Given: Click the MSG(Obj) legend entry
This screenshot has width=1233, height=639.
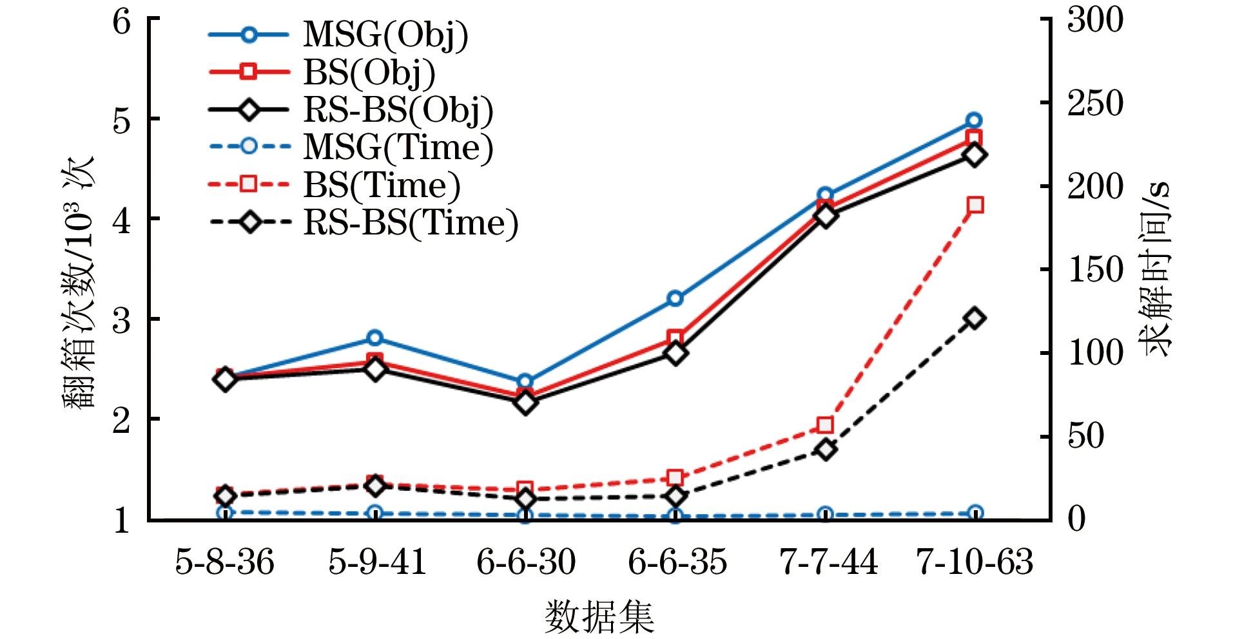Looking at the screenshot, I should (x=385, y=35).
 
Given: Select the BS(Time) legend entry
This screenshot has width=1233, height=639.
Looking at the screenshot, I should (x=382, y=186).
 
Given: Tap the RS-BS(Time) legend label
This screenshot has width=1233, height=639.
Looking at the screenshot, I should (x=411, y=223).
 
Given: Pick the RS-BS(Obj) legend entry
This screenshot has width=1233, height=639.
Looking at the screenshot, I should (x=398, y=110).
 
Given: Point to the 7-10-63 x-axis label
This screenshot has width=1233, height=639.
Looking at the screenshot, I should (x=974, y=562).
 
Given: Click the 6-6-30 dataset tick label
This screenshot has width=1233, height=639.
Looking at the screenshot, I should (x=525, y=562).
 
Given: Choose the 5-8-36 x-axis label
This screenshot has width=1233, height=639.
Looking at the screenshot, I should (x=224, y=562).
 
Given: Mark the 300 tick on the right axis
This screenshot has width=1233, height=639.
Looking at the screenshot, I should (x=1095, y=19).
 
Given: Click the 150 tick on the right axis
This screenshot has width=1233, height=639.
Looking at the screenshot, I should (x=1095, y=269).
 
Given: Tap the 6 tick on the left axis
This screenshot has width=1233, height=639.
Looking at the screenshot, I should (x=121, y=22).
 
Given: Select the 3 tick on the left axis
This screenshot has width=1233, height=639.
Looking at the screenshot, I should (x=121, y=320).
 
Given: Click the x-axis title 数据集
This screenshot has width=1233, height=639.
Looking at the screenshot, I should (x=599, y=616).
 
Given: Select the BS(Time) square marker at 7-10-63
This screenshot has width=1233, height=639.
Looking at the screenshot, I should (x=975, y=205).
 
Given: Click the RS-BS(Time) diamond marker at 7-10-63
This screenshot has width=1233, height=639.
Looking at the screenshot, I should (x=975, y=318).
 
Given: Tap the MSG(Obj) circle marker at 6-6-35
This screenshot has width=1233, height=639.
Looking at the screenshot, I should (x=675, y=298).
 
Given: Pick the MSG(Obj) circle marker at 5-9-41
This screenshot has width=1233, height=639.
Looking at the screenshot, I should (x=375, y=338).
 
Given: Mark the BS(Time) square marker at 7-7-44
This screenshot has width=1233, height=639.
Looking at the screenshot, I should (x=825, y=425).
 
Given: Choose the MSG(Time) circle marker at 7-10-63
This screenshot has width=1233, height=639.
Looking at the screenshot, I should (x=975, y=513).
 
